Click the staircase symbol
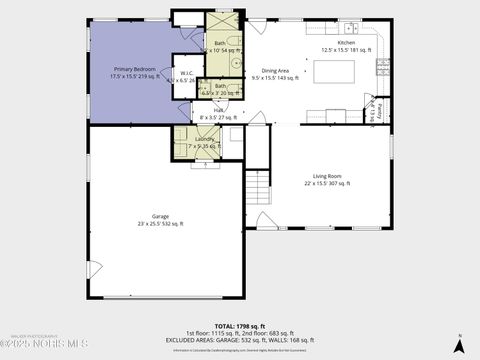click(258, 185)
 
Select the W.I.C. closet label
click(186, 76)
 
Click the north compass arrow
click(458, 344)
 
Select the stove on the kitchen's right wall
click(382, 67)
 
